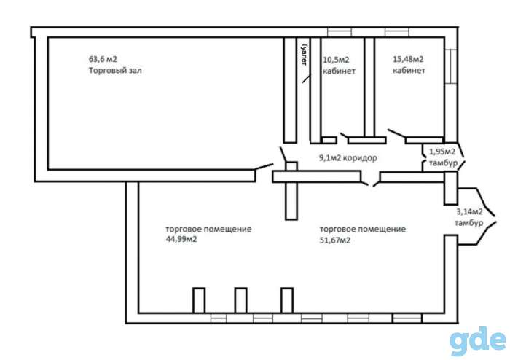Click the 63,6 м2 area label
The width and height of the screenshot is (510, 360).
pos(103,59)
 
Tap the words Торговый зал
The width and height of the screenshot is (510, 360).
pos(115,70)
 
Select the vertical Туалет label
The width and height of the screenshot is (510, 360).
pos(305,54)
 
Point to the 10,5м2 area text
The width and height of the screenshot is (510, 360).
pos(336,60)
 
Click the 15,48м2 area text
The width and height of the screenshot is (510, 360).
pos(408,59)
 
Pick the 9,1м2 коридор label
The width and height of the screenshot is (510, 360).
pos(348,158)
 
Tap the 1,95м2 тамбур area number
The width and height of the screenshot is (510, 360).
pos(442,152)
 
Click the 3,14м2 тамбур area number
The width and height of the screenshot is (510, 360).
pos(469,212)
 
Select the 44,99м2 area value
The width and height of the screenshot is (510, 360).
pos(181,239)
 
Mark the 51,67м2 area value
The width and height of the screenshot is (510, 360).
pos(335,240)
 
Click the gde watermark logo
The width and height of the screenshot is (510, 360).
pos(478,342)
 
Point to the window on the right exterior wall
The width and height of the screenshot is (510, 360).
pos(451,66)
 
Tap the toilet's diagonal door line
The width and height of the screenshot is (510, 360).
pos(307,79)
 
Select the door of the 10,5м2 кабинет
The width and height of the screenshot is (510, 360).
pos(344,136)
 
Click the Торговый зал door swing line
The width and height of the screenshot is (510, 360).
pos(264,166)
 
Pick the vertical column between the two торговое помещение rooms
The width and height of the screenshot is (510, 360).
pos(291,191)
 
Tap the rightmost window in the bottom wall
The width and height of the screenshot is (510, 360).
pos(407,318)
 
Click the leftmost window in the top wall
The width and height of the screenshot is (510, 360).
pos(340,32)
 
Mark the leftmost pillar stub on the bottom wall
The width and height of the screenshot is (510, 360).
pos(199,300)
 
